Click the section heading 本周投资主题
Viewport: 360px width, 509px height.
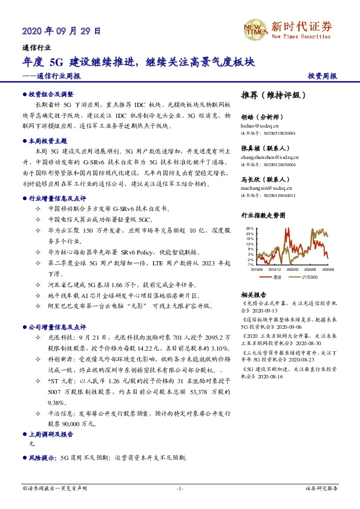(48, 140)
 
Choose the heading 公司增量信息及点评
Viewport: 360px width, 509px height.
(57, 326)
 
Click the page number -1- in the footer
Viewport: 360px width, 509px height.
(180, 488)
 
